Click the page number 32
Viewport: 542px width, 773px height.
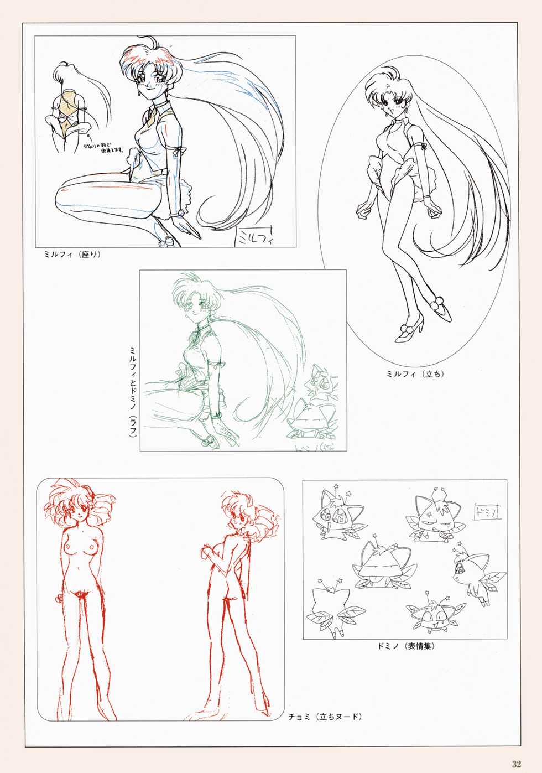516,764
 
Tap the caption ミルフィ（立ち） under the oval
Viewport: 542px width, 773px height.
415,374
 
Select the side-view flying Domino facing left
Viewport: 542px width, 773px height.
475,573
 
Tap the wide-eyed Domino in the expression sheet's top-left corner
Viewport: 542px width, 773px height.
335,515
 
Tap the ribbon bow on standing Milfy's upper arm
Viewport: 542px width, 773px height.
424,148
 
